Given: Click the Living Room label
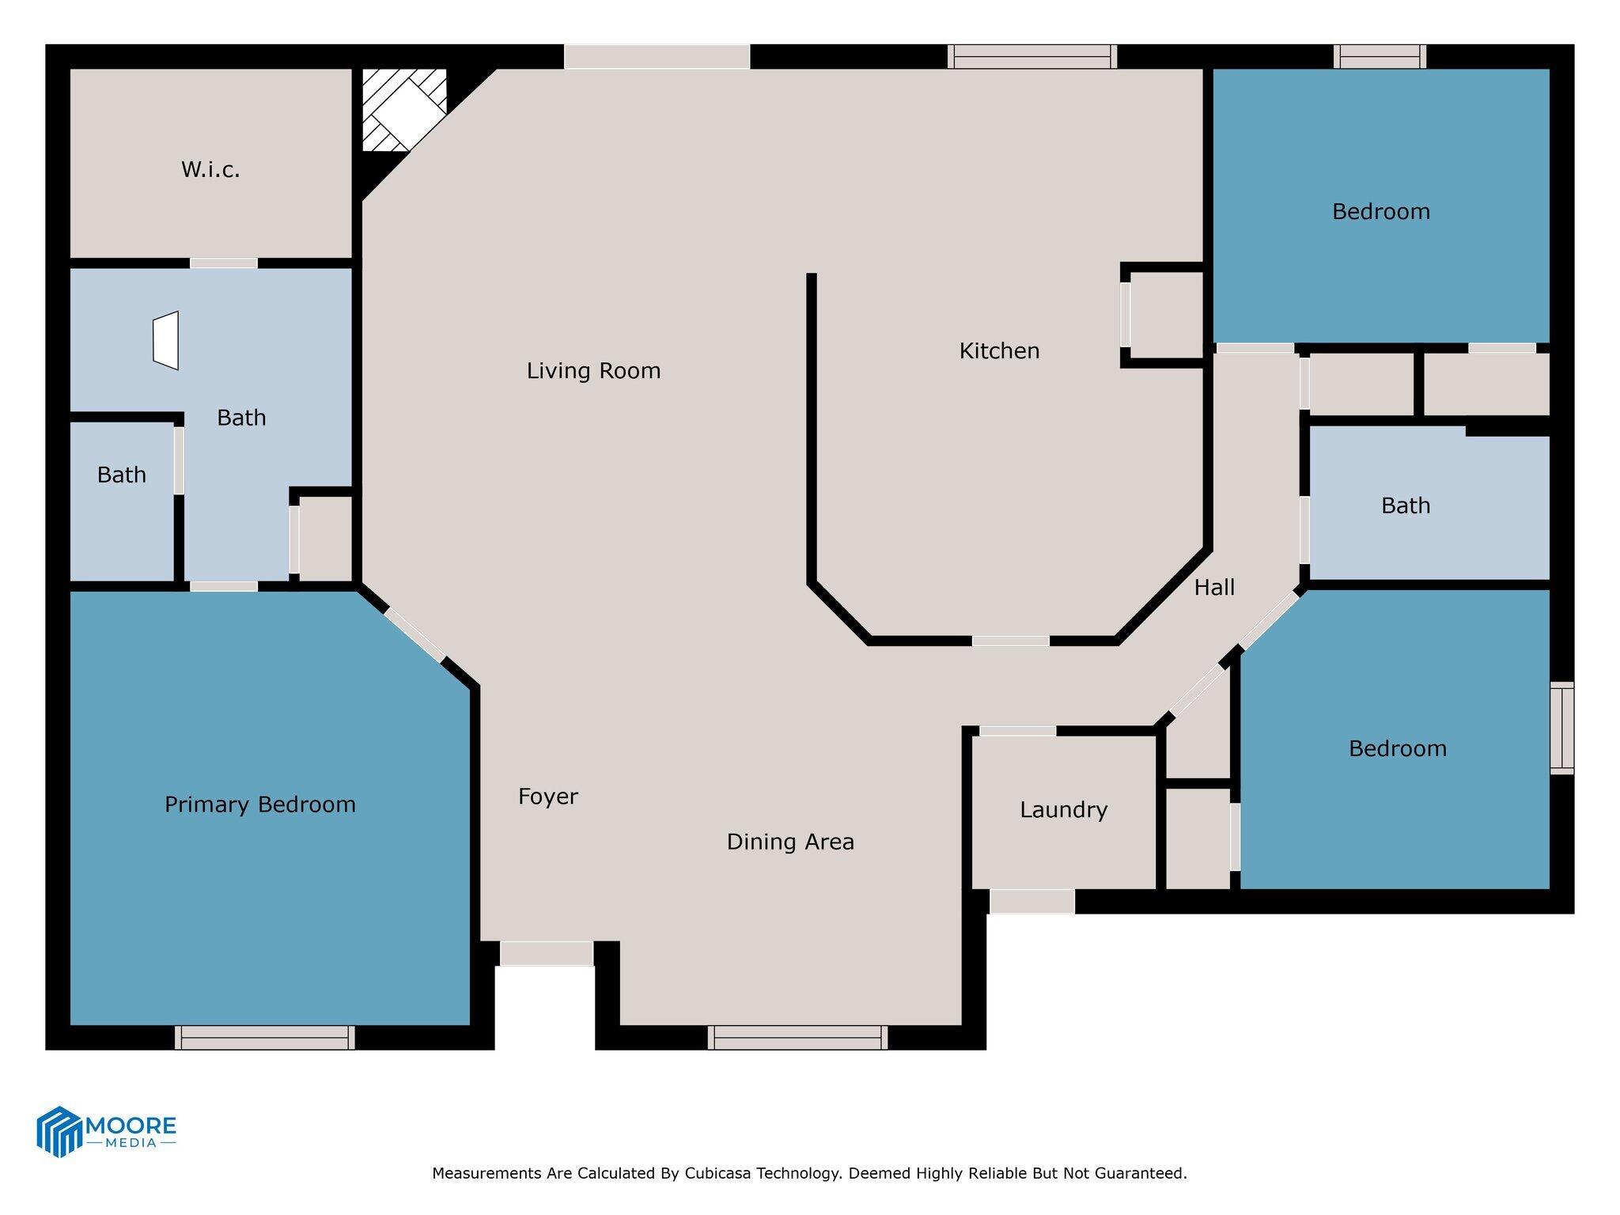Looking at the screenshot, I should click(593, 371).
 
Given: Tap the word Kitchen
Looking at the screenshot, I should click(999, 351).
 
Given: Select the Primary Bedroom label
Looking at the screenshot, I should click(259, 805).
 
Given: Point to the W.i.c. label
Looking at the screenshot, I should click(210, 169).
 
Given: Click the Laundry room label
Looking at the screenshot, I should click(1063, 810).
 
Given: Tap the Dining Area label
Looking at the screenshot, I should click(790, 842).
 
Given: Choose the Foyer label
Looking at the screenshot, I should click(548, 797).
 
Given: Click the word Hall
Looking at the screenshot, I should click(1214, 588).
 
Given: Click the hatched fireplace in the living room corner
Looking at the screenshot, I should click(404, 109).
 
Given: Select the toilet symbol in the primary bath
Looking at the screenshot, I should click(167, 340).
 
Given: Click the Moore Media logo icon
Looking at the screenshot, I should click(59, 1131).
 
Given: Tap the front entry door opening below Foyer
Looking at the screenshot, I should click(546, 953).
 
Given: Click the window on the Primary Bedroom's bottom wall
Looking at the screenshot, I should click(264, 1037).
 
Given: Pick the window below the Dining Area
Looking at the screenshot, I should click(797, 1037).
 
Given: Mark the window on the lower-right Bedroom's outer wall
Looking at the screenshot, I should click(1561, 728).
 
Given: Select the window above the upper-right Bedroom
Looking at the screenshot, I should click(1380, 57).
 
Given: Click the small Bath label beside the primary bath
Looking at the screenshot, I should click(122, 475).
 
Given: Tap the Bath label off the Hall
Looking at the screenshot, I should click(1406, 505).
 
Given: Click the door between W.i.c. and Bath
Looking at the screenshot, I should click(224, 263).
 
